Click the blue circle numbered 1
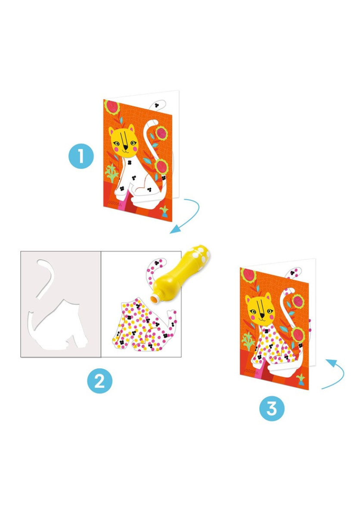(x=81, y=156)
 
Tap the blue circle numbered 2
(x=99, y=381)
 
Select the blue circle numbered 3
(x=272, y=408)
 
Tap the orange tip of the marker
(x=154, y=299)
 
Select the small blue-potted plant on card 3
(x=301, y=380)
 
